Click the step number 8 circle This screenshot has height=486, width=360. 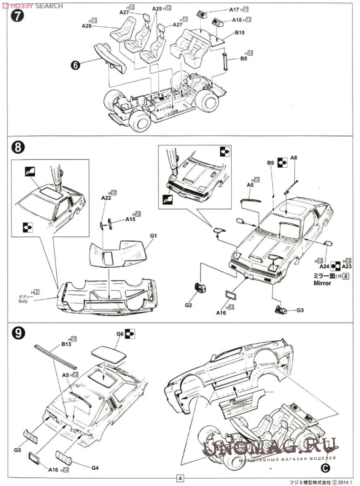coord(16,147)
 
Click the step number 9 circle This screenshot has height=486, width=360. coord(16,333)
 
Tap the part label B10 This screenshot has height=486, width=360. coord(240,33)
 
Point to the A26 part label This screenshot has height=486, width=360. coord(86,27)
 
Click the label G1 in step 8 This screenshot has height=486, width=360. coord(153,236)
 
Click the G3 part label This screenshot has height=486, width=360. coord(300,310)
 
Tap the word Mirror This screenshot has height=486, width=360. coord(322,283)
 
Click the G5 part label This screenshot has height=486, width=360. coord(18,450)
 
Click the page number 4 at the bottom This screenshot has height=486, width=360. coord(180,478)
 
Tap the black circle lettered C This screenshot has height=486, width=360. coord(325,467)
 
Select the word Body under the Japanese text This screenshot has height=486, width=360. coord(23,301)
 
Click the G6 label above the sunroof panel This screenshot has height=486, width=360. coord(120,334)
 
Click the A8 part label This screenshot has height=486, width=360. coord(294,158)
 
